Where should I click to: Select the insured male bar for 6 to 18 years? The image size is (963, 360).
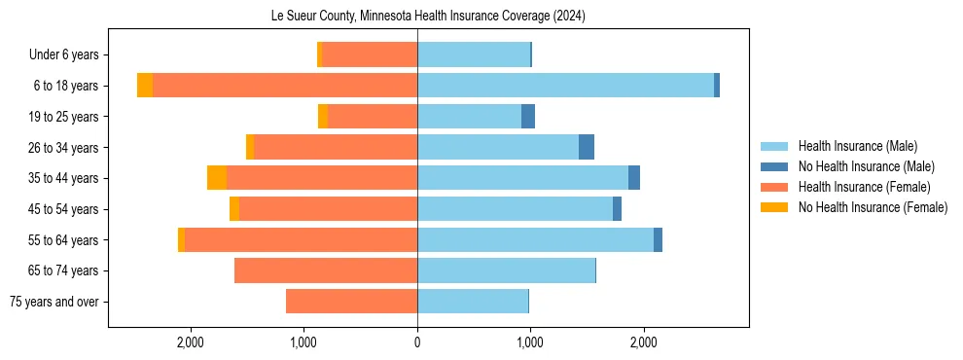click(565, 86)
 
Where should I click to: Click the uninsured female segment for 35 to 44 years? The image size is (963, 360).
click(217, 178)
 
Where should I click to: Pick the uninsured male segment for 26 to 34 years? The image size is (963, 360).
click(587, 147)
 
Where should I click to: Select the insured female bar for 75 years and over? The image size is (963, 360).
click(351, 302)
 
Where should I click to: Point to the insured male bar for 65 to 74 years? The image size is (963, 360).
click(506, 270)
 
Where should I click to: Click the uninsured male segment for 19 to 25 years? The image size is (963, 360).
click(528, 117)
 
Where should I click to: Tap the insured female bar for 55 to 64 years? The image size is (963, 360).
click(301, 239)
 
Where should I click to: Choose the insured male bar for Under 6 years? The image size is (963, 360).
click(474, 54)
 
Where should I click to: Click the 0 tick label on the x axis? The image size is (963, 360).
click(417, 342)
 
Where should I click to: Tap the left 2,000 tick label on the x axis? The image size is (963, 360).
click(190, 342)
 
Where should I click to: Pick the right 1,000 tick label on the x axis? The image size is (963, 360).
click(530, 342)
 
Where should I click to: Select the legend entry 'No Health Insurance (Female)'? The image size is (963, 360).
click(873, 207)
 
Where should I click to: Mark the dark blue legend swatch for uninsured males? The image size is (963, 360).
click(775, 166)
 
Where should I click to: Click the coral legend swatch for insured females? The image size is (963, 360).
click(775, 187)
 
